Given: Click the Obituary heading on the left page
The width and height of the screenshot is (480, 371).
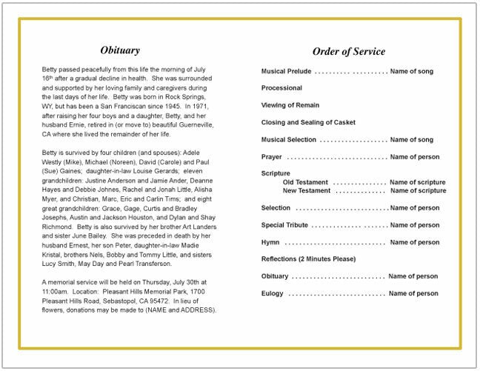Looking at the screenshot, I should click(120, 50).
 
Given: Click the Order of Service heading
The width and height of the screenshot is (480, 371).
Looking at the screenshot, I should click(349, 51).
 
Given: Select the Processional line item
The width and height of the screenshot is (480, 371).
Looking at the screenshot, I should click(281, 88).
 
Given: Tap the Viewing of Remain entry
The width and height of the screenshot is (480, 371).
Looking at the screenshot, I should click(290, 105).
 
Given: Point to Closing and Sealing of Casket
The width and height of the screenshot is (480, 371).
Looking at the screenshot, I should click(308, 122).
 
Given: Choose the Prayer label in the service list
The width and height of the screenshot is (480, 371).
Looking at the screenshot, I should click(271, 157).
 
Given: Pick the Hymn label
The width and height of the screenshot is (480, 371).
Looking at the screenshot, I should click(270, 242).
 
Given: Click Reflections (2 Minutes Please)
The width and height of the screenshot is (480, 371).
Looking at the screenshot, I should click(308, 259).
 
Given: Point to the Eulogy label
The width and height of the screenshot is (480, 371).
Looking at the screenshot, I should click(273, 293).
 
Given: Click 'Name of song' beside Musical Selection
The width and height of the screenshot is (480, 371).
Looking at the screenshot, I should click(412, 139).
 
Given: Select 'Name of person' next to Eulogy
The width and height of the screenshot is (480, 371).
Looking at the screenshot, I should click(413, 293).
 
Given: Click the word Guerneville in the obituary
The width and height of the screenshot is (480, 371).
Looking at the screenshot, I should click(192, 125).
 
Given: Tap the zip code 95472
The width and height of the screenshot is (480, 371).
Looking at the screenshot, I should click(158, 301).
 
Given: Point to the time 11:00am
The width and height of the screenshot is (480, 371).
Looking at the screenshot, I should click(56, 292).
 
